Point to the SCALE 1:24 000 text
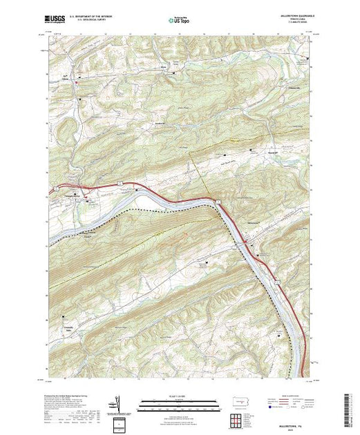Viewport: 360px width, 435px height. [x=173, y=396]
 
